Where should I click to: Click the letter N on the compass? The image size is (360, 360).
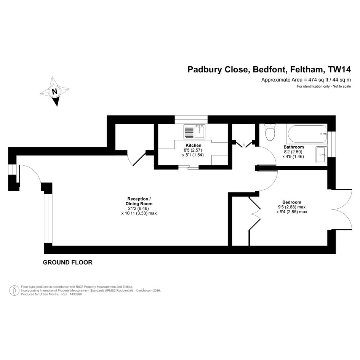click(x=54, y=91)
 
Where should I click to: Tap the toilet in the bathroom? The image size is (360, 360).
click(x=270, y=132)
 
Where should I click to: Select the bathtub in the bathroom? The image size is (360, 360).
click(x=307, y=134)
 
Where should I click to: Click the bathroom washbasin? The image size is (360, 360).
click(x=322, y=155)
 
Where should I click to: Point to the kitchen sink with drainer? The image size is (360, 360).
click(x=194, y=131)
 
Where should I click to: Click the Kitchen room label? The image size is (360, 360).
click(x=193, y=145)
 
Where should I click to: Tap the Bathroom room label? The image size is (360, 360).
click(x=293, y=147)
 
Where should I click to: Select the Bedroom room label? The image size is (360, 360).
click(x=291, y=202)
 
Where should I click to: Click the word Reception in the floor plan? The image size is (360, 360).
click(x=138, y=199)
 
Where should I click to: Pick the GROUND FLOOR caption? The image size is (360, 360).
click(x=67, y=262)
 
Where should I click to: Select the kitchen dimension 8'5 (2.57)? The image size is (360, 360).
click(x=193, y=150)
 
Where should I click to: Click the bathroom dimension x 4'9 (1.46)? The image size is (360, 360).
click(x=293, y=157)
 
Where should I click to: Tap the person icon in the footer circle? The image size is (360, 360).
click(x=14, y=290)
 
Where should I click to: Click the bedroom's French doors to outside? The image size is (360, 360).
click(x=342, y=210)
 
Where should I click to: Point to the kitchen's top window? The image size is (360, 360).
click(x=191, y=119)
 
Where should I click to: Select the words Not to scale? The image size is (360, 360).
click(x=342, y=86)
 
